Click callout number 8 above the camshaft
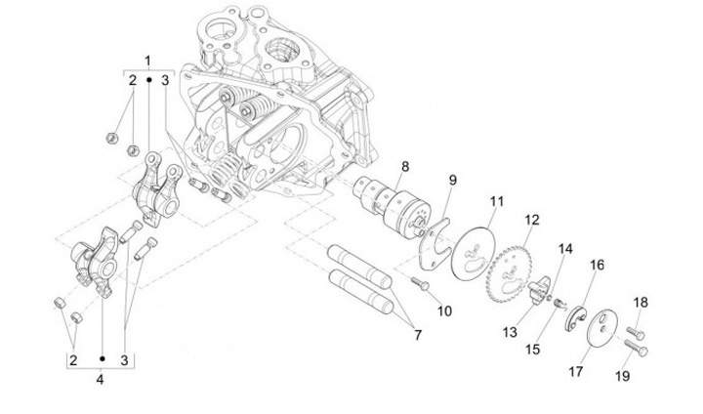(x=405, y=166)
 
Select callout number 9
(x=453, y=181)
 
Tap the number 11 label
(x=497, y=201)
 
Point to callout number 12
(x=532, y=221)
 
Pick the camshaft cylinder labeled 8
(x=392, y=205)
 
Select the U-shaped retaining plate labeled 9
(x=434, y=244)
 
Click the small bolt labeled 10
(x=420, y=283)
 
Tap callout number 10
(x=444, y=310)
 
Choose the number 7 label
(x=418, y=335)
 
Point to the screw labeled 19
(x=637, y=348)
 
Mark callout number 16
(x=597, y=265)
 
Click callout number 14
(x=565, y=249)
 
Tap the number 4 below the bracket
(x=100, y=380)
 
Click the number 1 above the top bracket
(x=148, y=61)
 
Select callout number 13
(x=510, y=332)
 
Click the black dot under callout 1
(x=148, y=80)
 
